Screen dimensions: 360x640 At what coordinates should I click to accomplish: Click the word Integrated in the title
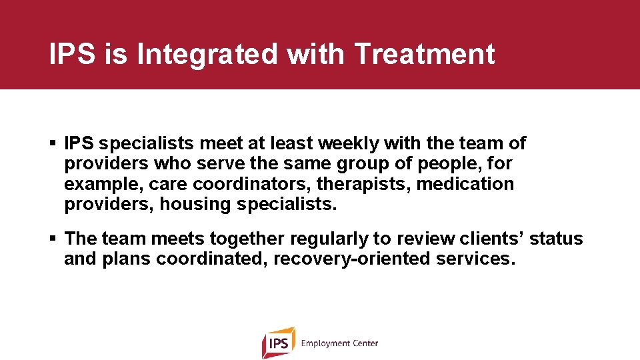(x=207, y=54)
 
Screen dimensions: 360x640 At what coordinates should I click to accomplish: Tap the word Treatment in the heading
(x=425, y=54)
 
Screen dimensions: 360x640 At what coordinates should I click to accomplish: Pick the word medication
(x=465, y=184)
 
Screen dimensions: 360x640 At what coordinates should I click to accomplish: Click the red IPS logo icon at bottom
(x=278, y=343)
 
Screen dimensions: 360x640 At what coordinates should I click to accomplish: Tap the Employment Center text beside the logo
(x=339, y=343)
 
